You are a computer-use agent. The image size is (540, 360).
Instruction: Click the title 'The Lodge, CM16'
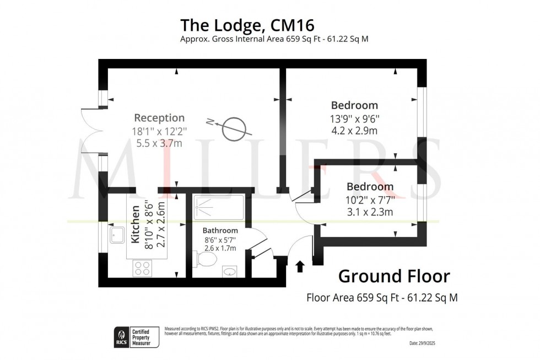[x=247, y=25]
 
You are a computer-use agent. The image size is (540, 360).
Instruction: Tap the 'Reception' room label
[x=159, y=118]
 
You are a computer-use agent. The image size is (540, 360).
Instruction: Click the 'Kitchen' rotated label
[x=135, y=225]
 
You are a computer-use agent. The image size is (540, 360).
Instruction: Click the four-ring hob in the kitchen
[x=142, y=268]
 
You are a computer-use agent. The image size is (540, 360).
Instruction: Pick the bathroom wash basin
[x=231, y=271]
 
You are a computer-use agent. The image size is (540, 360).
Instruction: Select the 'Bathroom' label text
[x=220, y=230]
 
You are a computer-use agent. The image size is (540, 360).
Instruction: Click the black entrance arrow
[x=300, y=267]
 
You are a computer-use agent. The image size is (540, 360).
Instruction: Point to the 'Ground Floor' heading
[x=393, y=276]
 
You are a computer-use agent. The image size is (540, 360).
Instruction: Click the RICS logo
[x=121, y=336]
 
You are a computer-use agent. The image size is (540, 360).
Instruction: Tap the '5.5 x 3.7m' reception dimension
[x=159, y=144]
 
